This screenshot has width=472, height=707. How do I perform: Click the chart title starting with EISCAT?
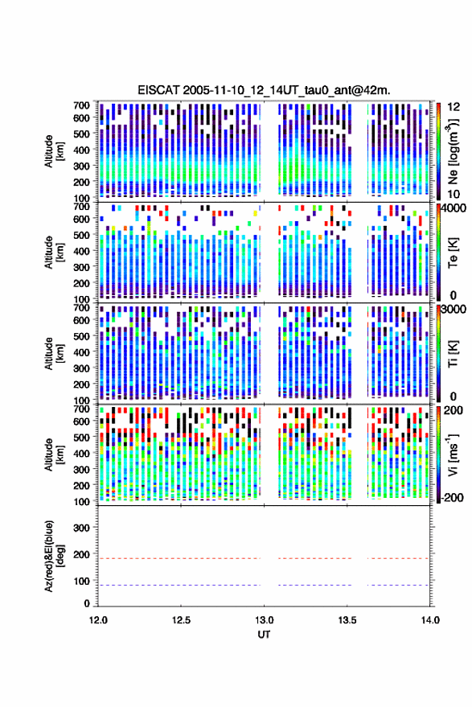tap(264, 90)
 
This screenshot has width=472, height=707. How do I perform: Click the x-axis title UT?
tap(264, 635)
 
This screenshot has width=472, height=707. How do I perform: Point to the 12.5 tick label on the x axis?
tap(181, 620)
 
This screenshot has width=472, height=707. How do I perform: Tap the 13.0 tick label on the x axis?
tap(264, 620)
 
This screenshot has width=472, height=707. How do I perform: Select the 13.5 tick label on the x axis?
tap(347, 620)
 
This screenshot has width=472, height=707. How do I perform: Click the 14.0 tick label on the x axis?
tap(429, 620)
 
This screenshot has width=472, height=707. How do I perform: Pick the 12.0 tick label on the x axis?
tap(98, 620)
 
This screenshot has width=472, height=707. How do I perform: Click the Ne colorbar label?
tap(453, 151)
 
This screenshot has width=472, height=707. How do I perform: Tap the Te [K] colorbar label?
tap(453, 253)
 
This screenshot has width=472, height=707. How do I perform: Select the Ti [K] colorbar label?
tap(453, 354)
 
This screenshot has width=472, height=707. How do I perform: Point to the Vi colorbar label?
tap(453, 454)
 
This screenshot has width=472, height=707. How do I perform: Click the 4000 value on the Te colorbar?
tap(454, 209)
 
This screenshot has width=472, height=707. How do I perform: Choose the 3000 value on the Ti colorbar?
tap(454, 310)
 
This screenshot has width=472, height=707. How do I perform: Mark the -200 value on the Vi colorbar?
tap(453, 498)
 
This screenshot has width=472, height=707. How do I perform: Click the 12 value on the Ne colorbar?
tap(454, 107)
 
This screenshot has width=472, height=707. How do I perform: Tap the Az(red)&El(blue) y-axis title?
tap(55, 556)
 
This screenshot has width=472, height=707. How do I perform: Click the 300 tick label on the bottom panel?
tap(81, 528)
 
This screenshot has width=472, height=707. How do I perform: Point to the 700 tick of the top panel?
tap(81, 105)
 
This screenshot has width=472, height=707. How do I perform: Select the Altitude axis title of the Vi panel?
tap(54, 454)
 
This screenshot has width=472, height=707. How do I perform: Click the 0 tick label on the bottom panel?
tap(87, 603)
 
